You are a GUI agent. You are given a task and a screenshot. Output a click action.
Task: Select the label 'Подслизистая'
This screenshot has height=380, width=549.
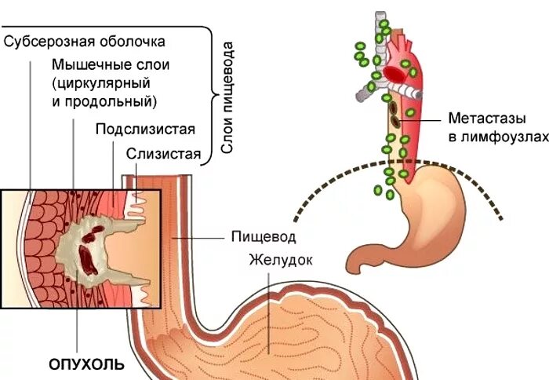[145, 129]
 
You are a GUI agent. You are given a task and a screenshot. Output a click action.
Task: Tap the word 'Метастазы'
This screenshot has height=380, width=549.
[479, 119]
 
